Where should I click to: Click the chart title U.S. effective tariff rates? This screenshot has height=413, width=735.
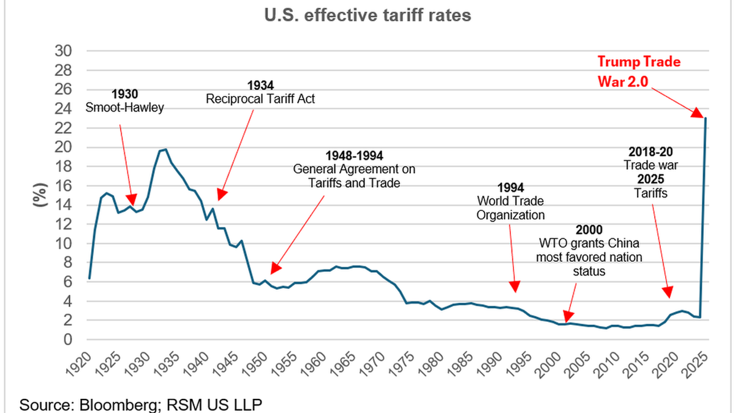(367, 15)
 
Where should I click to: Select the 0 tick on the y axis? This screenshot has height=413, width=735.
(69, 340)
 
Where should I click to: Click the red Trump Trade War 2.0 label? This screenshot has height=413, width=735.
(638, 70)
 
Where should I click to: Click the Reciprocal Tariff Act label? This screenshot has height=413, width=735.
(260, 98)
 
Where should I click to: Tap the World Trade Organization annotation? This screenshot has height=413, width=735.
(510, 208)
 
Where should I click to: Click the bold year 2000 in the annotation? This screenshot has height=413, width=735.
(589, 230)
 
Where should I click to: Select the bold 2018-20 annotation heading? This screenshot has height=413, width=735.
(650, 152)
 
